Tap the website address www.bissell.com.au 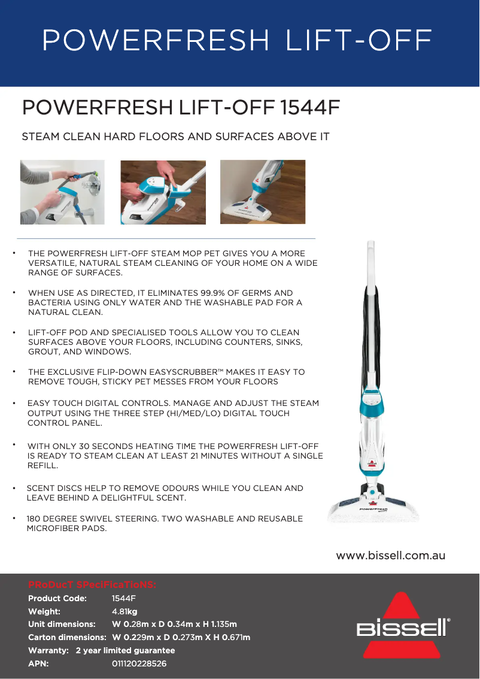coord(390,556)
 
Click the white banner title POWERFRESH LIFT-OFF coord(237,40)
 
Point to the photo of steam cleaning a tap coord(62,192)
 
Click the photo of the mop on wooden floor coord(263,192)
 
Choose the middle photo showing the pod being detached coord(163,192)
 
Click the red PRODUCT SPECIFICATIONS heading coord(92,584)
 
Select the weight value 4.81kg coord(124,611)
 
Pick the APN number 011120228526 coord(139,663)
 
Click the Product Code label coord(57,598)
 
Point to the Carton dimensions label coord(67,637)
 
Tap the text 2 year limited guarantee coord(125,650)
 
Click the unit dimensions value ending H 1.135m coord(174,624)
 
